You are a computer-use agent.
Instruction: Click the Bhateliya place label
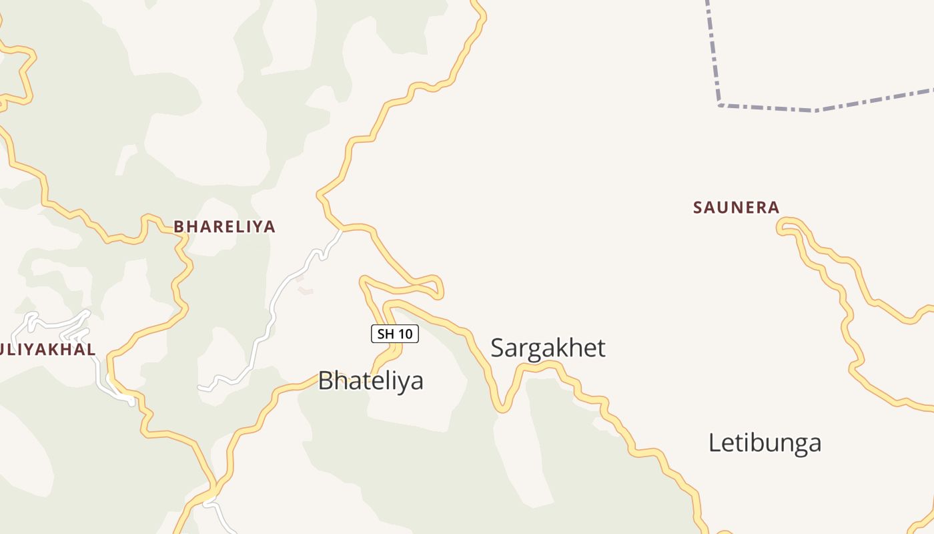(370, 381)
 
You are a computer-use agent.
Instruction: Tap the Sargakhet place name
(548, 348)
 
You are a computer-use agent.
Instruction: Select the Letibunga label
(765, 443)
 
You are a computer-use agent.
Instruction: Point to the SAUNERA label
(736, 208)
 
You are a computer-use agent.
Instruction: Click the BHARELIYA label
(224, 227)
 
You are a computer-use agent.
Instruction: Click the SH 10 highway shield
(394, 334)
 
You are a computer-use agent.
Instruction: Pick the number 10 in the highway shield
(404, 334)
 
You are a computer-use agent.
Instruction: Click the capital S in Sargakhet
(498, 348)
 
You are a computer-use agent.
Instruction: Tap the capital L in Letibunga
(715, 443)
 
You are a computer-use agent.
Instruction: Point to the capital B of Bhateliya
(326, 381)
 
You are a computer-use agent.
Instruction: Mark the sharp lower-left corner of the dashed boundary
(719, 105)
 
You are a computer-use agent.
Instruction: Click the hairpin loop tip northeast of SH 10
(440, 292)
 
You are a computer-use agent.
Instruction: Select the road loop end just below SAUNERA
(781, 228)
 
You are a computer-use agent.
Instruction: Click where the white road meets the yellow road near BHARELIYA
(341, 231)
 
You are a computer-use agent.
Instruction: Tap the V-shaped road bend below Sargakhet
(502, 409)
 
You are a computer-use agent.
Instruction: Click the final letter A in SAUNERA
(773, 208)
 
